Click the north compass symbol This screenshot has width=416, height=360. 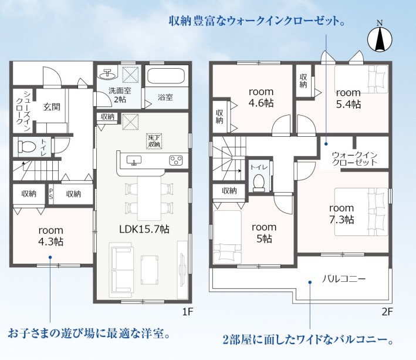click(x=380, y=39)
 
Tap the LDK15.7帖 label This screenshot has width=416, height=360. click(x=144, y=229)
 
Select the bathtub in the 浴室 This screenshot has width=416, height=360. click(x=166, y=76)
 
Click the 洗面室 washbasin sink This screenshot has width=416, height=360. click(x=107, y=74)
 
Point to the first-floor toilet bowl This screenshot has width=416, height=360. click(x=26, y=147)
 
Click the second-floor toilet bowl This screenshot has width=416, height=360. click(x=259, y=183)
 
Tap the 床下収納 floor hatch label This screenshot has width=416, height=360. click(x=154, y=141)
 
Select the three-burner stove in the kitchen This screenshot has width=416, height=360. click(x=175, y=160)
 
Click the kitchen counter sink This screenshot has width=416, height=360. click(x=134, y=160)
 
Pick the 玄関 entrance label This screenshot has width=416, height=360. click(x=52, y=107)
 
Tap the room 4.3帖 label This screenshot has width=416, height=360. click(x=50, y=236)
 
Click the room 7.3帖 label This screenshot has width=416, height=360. click(x=341, y=214)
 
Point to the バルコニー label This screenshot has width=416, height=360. click(x=344, y=279)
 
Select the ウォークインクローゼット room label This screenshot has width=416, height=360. click(x=354, y=159)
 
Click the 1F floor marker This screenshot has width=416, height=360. click(x=187, y=312)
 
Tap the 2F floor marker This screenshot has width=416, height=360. click(x=387, y=312)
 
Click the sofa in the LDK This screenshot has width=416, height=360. click(x=121, y=270)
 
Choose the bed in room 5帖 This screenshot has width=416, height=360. click(x=228, y=237)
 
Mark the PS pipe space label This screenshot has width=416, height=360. click(x=50, y=194)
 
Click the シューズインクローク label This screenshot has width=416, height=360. click(x=23, y=111)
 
